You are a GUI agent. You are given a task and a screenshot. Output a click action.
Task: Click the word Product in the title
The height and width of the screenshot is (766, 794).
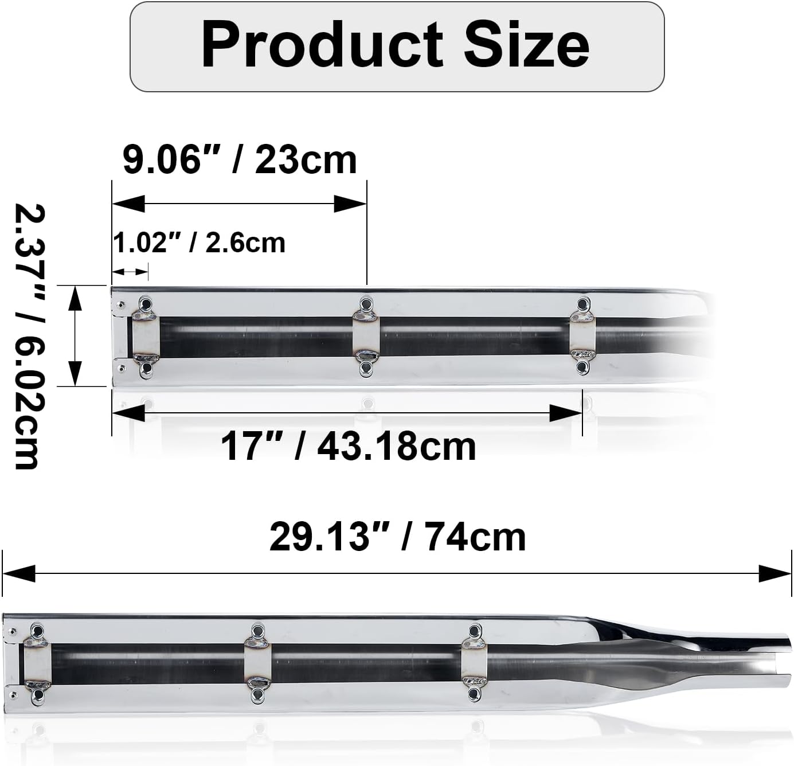pyautogui.click(x=322, y=44)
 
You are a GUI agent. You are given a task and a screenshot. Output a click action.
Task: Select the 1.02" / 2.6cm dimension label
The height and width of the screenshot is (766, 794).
pyautogui.click(x=199, y=243)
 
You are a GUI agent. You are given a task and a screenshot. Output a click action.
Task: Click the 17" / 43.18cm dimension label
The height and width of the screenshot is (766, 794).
pyautogui.click(x=349, y=447)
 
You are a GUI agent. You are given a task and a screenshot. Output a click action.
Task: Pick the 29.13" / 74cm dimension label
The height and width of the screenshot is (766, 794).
pyautogui.click(x=397, y=537)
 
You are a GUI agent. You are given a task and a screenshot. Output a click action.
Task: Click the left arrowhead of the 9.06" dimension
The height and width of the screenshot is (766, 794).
pyautogui.click(x=128, y=204)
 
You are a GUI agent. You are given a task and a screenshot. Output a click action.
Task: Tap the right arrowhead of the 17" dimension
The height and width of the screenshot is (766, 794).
pyautogui.click(x=565, y=413)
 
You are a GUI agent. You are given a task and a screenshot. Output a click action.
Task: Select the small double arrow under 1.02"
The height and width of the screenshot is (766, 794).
pyautogui.click(x=130, y=272)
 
